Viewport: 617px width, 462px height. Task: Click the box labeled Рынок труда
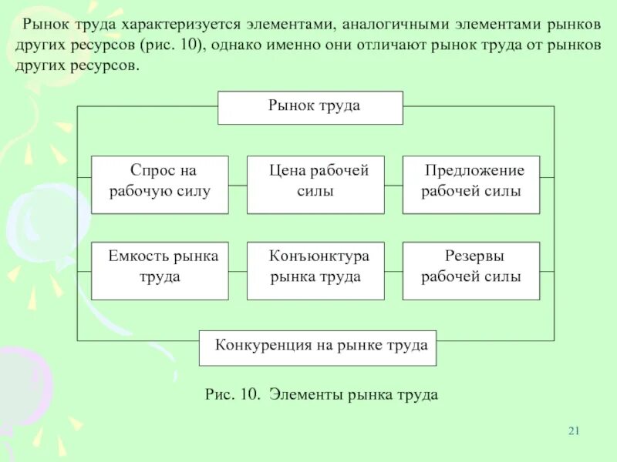coord(310,107)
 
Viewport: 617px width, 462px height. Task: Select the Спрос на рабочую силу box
coord(160,185)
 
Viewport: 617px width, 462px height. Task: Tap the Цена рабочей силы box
coord(315,185)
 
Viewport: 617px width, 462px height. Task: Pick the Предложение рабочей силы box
coord(470,185)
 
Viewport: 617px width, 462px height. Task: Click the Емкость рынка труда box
coord(160,270)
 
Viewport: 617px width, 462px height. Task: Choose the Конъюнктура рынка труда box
coord(315,270)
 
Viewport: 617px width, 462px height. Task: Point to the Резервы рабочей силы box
coord(470,270)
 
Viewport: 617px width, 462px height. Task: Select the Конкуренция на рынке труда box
coord(318,347)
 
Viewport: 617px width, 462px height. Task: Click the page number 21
coord(573,430)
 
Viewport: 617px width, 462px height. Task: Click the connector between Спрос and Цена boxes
coord(238,185)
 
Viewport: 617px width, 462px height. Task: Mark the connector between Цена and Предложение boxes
coord(393,185)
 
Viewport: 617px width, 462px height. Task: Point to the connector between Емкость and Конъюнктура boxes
coord(238,271)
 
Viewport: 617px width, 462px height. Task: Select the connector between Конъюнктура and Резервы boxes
coord(393,271)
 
